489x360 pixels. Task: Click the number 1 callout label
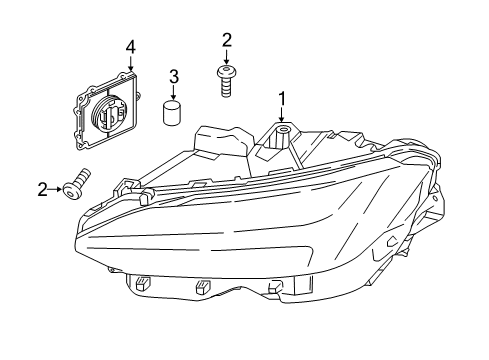point(282,98)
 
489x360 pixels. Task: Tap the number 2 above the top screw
point(227,40)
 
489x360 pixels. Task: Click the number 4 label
point(129,46)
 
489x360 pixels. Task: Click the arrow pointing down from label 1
point(282,116)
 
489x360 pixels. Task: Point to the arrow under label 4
point(129,61)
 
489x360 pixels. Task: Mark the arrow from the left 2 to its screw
point(57,186)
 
